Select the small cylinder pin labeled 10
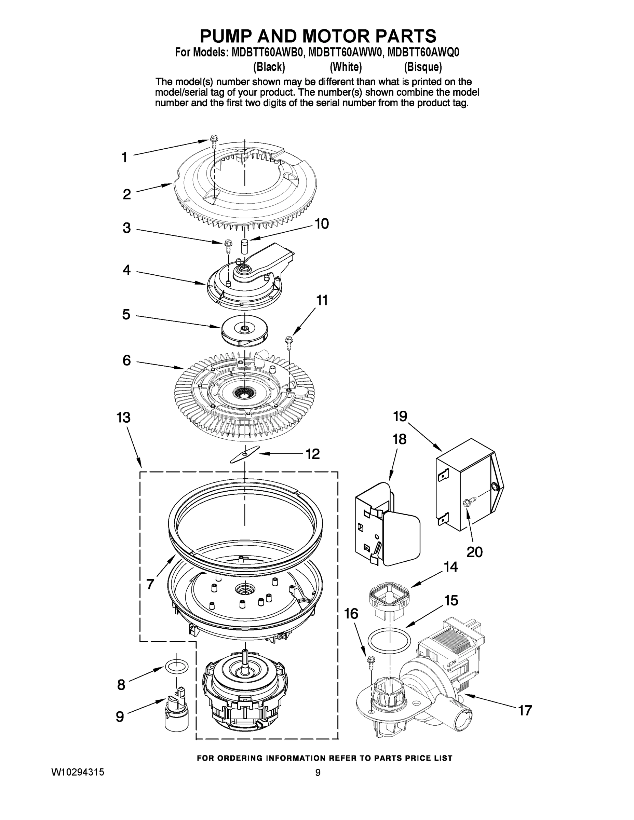click(x=244, y=247)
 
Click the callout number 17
click(x=525, y=710)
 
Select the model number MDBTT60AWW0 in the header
click(x=345, y=52)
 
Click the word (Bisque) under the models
click(x=422, y=67)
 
